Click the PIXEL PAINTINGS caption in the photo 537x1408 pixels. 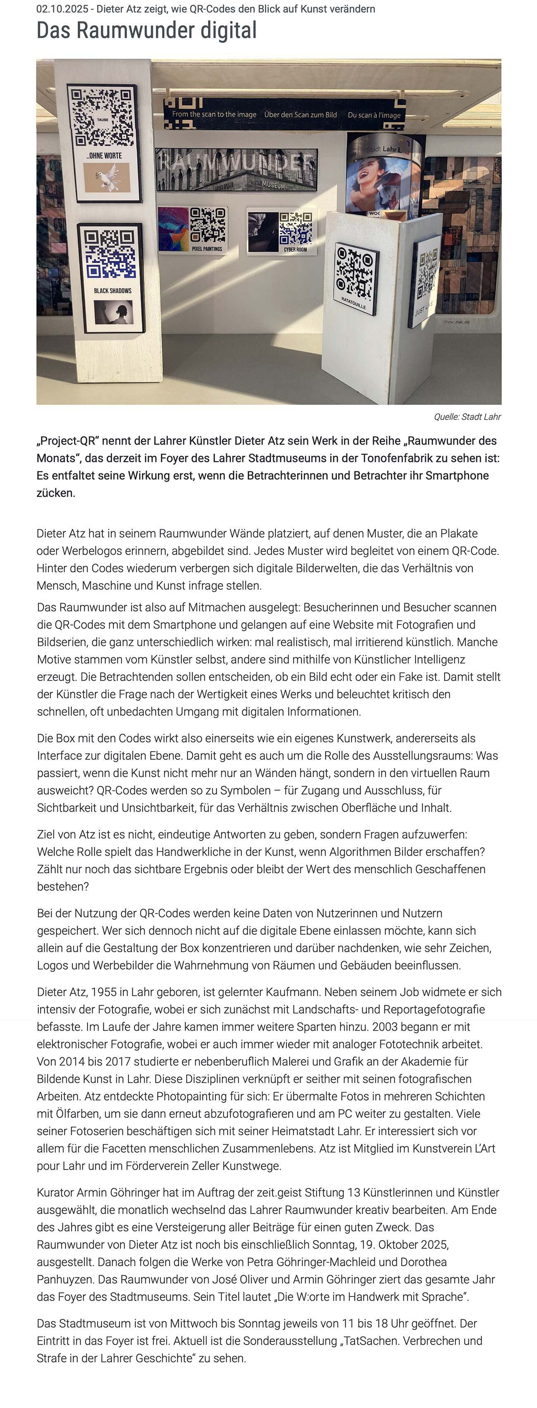pyautogui.click(x=207, y=249)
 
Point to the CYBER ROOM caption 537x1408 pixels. pyautogui.click(x=295, y=250)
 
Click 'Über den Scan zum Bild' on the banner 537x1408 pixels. pyautogui.click(x=301, y=115)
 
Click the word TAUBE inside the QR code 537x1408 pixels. pyautogui.click(x=103, y=119)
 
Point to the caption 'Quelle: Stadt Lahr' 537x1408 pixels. pyautogui.click(x=467, y=417)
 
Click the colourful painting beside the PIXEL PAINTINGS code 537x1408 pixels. pyautogui.click(x=173, y=228)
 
